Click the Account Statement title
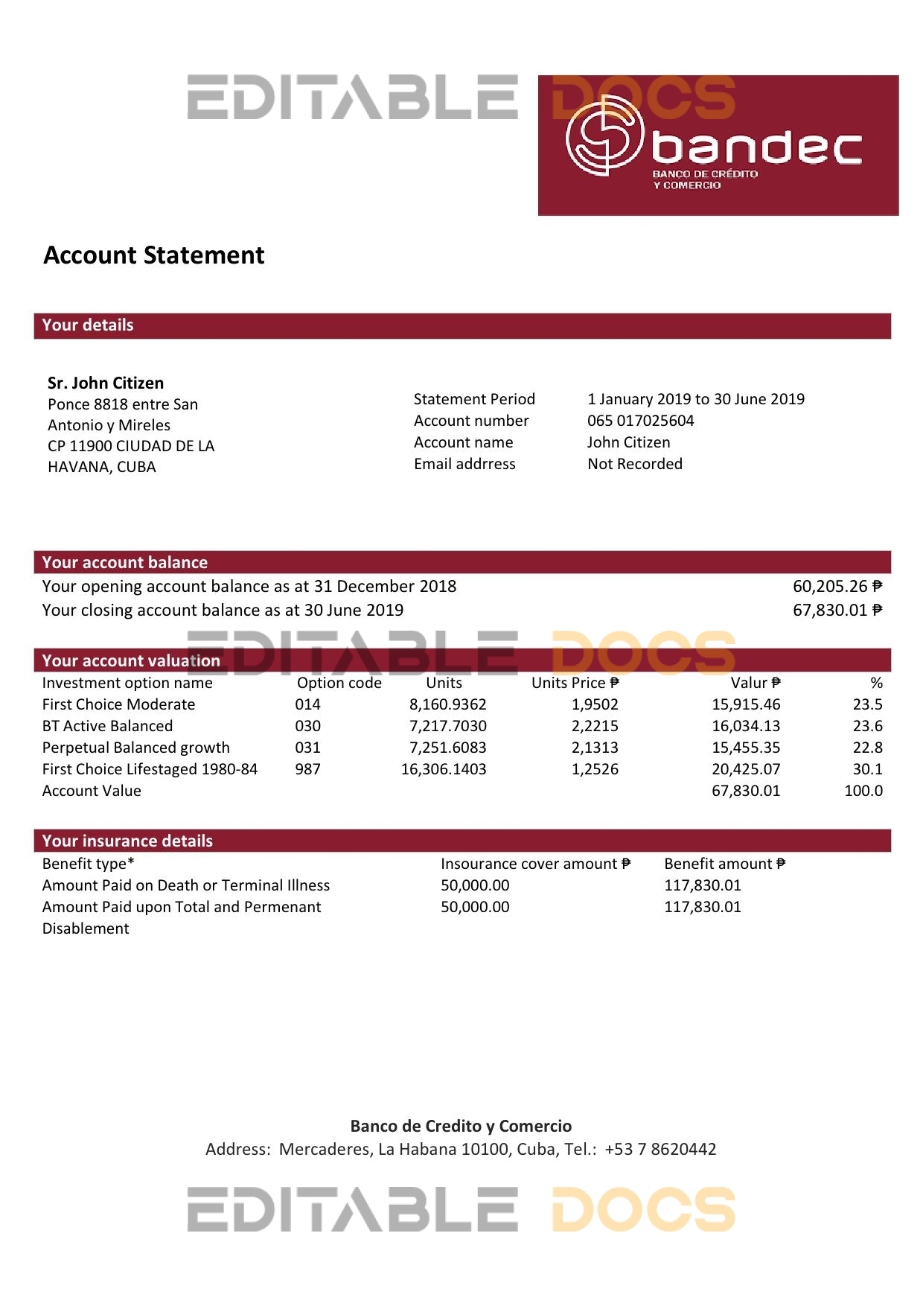pyautogui.click(x=154, y=255)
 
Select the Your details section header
pyautogui.click(x=88, y=325)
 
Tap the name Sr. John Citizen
pyautogui.click(x=106, y=383)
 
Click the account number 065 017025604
pyautogui.click(x=640, y=421)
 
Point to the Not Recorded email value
pyautogui.click(x=634, y=464)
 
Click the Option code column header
pyautogui.click(x=339, y=683)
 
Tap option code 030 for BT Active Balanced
pyautogui.click(x=307, y=726)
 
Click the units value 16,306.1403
pyautogui.click(x=444, y=769)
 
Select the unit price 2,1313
pyautogui.click(x=595, y=748)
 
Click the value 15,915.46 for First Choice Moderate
pyautogui.click(x=746, y=704)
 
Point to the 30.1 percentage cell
pyautogui.click(x=867, y=769)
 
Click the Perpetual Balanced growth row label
pyautogui.click(x=136, y=748)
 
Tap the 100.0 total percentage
pyautogui.click(x=863, y=791)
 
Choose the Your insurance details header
pyautogui.click(x=127, y=841)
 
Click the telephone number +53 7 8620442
pyautogui.click(x=660, y=1149)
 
